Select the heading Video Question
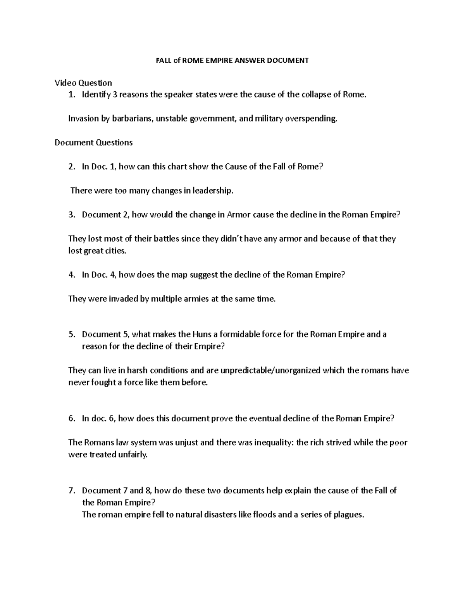(x=83, y=83)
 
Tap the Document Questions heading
(x=93, y=143)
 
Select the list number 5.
(x=71, y=334)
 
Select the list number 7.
(x=71, y=491)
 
